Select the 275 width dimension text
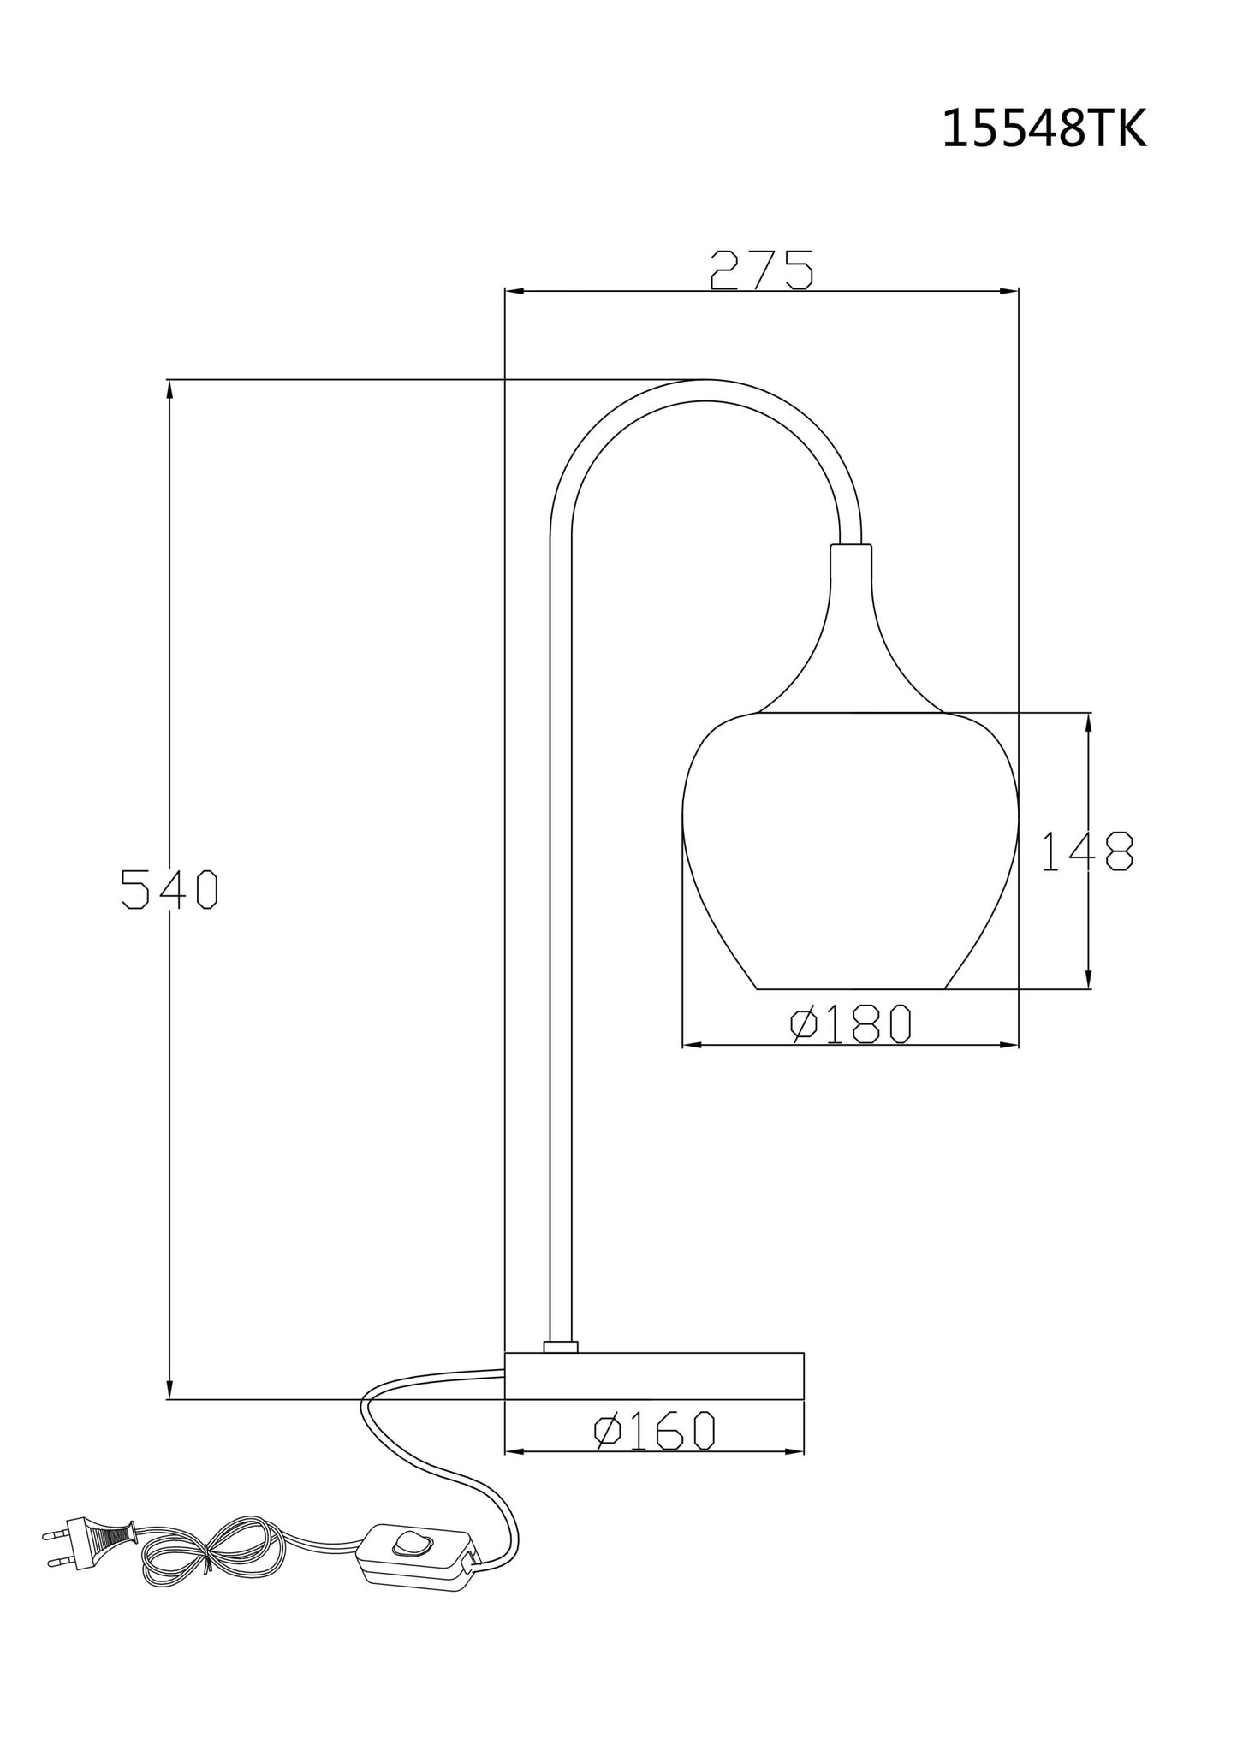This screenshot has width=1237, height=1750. (760, 270)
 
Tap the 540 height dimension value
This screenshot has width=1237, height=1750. (169, 889)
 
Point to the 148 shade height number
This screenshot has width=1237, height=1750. (1087, 851)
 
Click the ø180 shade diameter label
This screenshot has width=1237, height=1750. (850, 1024)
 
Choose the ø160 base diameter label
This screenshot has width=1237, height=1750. (654, 1431)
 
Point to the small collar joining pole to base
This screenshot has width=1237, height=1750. (561, 1346)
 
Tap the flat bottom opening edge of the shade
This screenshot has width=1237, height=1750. (851, 989)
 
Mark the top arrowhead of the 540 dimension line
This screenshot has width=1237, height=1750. (169, 389)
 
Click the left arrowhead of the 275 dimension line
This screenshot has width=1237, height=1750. (514, 291)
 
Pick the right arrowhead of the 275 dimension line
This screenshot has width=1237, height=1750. (1010, 291)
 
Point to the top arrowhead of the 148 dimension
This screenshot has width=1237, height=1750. (1088, 722)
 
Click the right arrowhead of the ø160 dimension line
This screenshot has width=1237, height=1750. (795, 1451)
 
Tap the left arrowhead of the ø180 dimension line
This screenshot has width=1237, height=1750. (692, 1045)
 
